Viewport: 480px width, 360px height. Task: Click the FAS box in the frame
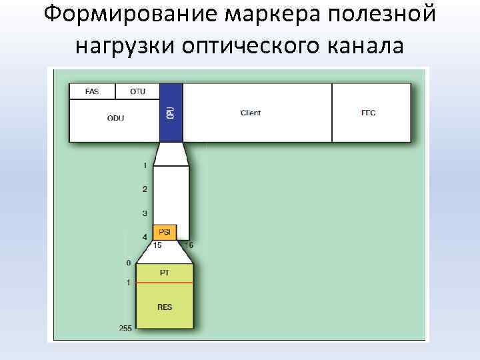click(91, 91)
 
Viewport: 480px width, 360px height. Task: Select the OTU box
click(137, 91)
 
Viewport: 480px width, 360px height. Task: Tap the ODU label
click(115, 119)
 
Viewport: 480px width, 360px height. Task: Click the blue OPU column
click(171, 112)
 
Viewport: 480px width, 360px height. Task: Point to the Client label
click(251, 113)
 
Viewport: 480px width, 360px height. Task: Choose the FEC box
click(369, 113)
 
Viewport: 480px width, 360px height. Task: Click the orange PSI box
click(165, 232)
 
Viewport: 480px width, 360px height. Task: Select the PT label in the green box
click(165, 273)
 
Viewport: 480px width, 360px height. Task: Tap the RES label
click(165, 308)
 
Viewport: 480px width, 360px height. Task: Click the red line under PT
click(165, 283)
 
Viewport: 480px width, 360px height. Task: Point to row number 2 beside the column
click(145, 189)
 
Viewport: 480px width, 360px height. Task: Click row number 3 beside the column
click(145, 213)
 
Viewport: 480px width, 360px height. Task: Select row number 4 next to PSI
click(145, 237)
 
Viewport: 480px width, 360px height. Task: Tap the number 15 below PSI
click(158, 245)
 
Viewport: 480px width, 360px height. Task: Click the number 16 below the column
click(189, 245)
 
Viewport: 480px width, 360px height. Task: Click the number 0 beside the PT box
click(129, 263)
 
